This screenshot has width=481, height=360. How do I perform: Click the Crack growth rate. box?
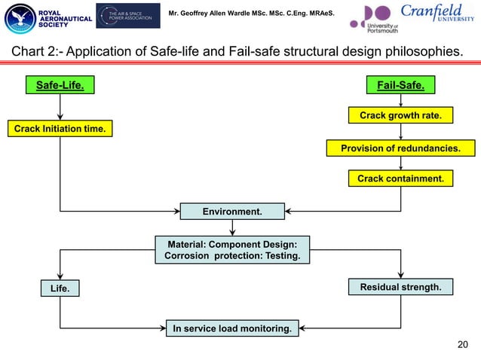coord(400,116)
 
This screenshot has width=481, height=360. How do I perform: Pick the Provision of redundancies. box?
coord(400,148)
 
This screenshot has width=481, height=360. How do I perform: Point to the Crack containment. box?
coord(400,178)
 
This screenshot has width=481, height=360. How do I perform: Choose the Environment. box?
coord(232,212)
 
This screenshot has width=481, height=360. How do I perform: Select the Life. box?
coord(60,288)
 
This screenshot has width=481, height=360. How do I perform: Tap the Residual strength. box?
coord(400,287)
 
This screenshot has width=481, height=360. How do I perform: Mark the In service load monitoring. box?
coord(232,328)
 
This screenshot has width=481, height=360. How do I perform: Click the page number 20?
coord(463,345)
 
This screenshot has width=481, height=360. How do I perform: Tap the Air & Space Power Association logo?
coord(128,16)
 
